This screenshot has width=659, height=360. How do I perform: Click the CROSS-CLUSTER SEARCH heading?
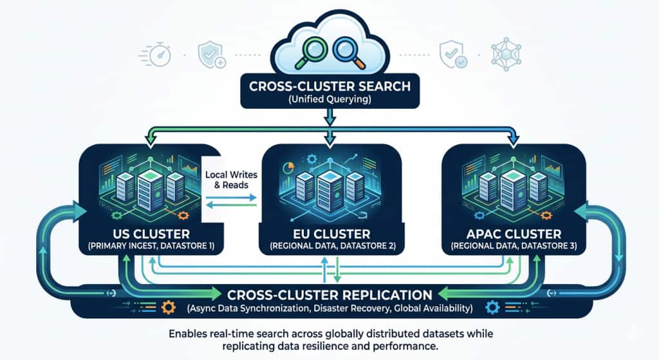[x=329, y=86]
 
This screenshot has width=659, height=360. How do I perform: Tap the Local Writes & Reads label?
[x=230, y=180]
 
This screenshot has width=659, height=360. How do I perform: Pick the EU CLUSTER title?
[x=329, y=234]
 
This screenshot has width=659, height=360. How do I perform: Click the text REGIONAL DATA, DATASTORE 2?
[x=329, y=246]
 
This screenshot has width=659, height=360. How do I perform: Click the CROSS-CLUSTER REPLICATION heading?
[x=329, y=295]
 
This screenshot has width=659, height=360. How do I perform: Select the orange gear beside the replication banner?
[x=169, y=307]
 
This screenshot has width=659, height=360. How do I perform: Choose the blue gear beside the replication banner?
[x=494, y=307]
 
